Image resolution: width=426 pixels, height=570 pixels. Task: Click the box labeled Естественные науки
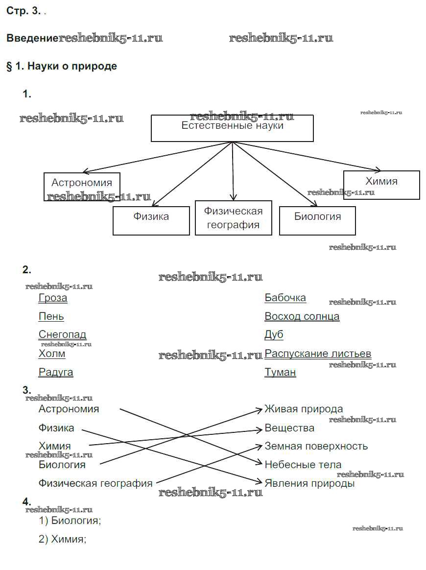pos(232,128)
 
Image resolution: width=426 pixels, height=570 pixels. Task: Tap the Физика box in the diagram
pos(151,220)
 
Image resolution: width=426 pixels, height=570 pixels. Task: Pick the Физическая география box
pos(233,218)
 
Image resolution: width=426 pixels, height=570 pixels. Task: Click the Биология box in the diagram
pos(317,220)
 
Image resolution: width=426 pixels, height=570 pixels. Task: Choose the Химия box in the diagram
pos(381,185)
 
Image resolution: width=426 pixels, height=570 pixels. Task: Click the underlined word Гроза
pos(53,298)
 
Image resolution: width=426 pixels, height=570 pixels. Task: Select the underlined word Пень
pos(51,316)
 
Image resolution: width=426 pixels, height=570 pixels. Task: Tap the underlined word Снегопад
pos(62,335)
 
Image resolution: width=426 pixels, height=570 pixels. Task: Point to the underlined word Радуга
pos(56,372)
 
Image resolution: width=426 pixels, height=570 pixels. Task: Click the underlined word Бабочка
pos(285,298)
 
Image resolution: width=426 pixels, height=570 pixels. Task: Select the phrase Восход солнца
pos(302,316)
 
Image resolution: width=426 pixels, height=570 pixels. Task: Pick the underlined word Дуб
pos(274,335)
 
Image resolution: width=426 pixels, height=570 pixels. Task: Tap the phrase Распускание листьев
pos(318,354)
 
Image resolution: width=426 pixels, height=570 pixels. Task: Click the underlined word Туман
pos(280,372)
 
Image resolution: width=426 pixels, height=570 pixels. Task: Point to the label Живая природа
pos(304,409)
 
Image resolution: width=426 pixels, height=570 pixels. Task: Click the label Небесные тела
pos(303,465)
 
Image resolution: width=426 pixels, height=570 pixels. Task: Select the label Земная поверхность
pos(316,446)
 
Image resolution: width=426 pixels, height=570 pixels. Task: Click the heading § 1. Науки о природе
pos(62,66)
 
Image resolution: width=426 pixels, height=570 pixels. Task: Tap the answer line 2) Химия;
pos(62,539)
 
